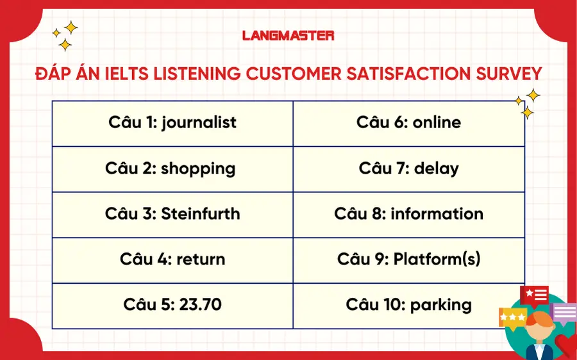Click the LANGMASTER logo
click(288, 35)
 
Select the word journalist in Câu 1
click(199, 122)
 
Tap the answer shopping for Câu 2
click(198, 168)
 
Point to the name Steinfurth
click(201, 213)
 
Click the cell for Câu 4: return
click(172, 259)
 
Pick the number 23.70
click(196, 304)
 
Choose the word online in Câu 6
click(437, 122)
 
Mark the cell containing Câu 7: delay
click(408, 168)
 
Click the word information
click(437, 213)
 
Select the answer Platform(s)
click(437, 259)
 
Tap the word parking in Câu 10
click(441, 304)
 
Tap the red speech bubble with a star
click(534, 295)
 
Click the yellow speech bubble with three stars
click(513, 316)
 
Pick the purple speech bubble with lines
click(564, 313)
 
